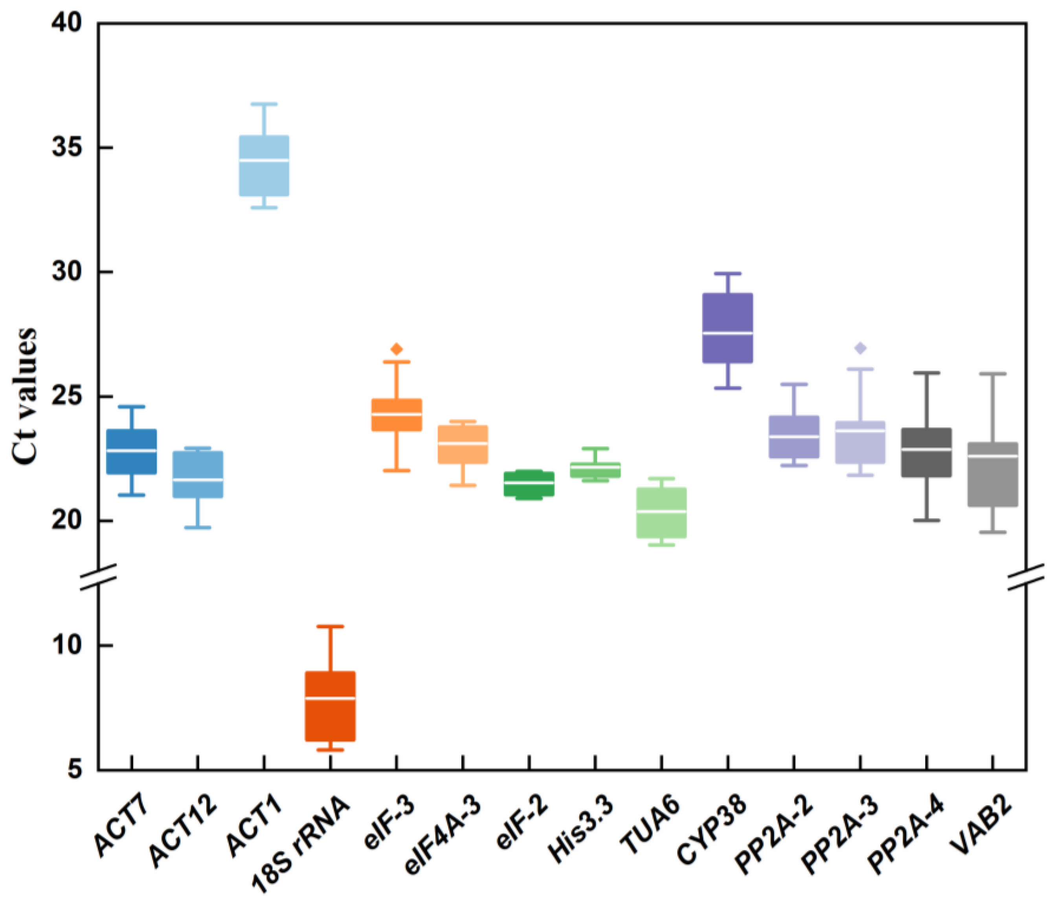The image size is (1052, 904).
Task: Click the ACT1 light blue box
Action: pos(264,165)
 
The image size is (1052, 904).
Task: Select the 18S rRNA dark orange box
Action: pos(330,706)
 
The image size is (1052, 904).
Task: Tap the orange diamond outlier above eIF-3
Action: pos(397,349)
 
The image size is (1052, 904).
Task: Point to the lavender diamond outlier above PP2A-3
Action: pos(861,348)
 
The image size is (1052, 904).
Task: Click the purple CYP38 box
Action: pos(727,328)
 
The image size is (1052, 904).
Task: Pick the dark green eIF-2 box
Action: pos(529,484)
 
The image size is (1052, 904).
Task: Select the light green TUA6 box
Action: pos(661,513)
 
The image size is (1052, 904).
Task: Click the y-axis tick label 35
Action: pos(66,148)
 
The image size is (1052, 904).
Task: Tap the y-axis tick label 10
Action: pos(66,645)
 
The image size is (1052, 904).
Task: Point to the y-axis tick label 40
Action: pos(66,23)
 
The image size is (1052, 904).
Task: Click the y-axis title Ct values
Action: pos(24,396)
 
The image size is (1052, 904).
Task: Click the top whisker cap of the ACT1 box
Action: pos(264,104)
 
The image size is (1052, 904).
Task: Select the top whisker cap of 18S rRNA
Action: pos(330,627)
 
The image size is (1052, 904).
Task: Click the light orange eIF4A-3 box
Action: pos(463,445)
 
